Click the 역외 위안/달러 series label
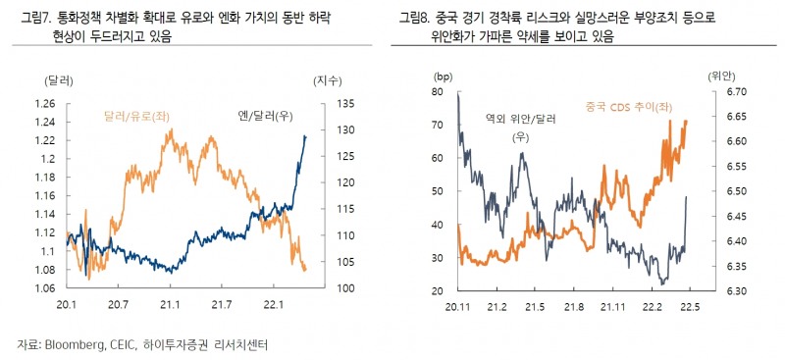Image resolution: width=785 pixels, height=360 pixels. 520,119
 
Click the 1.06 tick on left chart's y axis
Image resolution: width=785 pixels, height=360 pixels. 45,288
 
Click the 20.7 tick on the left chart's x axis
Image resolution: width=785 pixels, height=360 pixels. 118,305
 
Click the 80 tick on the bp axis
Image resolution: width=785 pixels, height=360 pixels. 438,92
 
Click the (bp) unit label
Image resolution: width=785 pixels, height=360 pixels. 443,76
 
